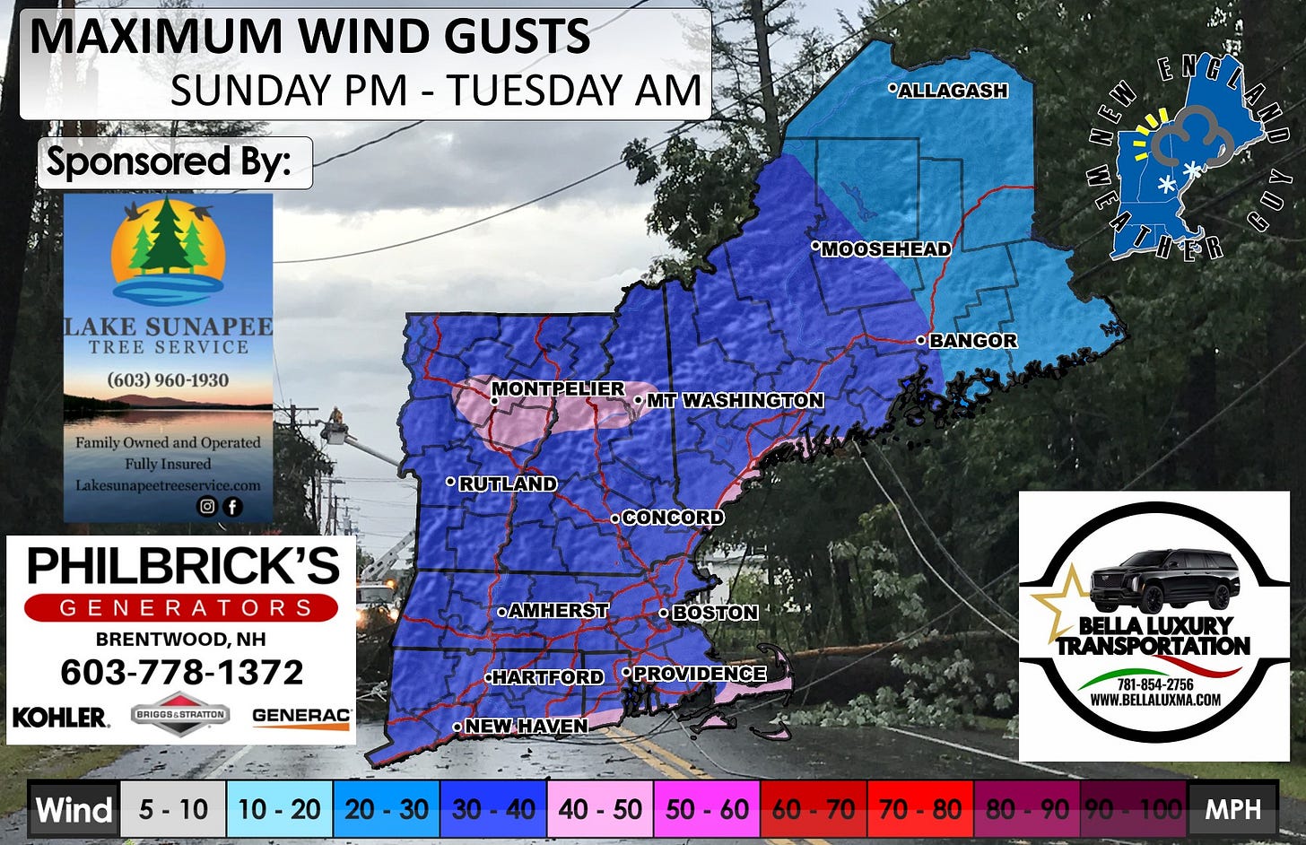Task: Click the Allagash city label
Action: tap(952, 91)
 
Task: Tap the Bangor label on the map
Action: tap(972, 341)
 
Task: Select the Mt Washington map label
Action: tap(734, 400)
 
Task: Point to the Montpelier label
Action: tap(557, 388)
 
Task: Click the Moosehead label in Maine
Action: tap(885, 249)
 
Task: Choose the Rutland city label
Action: tap(507, 483)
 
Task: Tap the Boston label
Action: tap(714, 613)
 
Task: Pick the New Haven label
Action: tap(526, 726)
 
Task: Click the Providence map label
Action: tap(699, 674)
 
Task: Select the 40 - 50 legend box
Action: tap(600, 810)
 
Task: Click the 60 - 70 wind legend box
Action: tap(814, 810)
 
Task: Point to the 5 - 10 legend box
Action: tap(173, 810)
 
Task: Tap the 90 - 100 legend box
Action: tap(1134, 810)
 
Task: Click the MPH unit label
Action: tap(1232, 810)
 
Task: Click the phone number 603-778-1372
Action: tap(182, 672)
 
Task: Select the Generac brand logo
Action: tap(301, 716)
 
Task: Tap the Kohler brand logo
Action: tap(60, 717)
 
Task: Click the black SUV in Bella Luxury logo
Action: tap(1164, 580)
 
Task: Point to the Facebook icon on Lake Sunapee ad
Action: tap(232, 507)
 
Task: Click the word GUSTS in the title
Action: tap(501, 37)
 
